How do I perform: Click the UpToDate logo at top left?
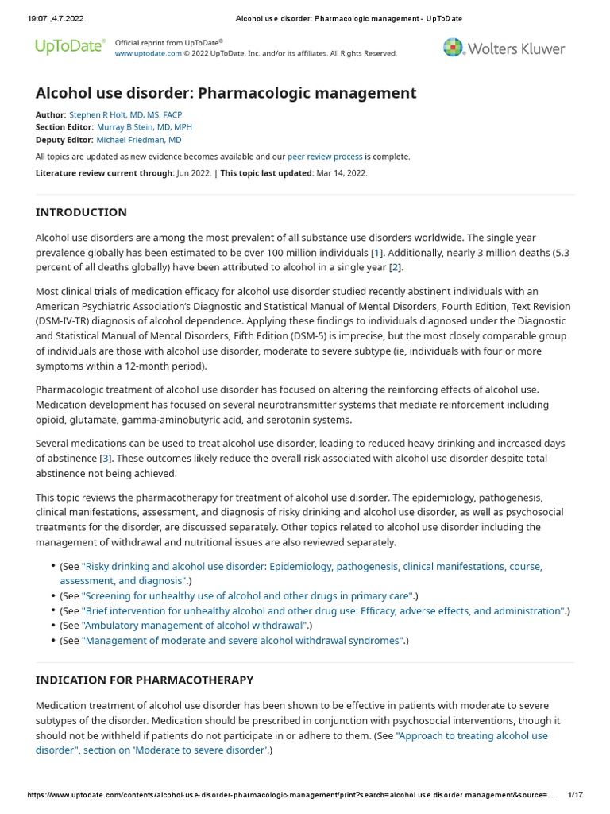pyautogui.click(x=70, y=47)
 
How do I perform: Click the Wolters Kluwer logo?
pyautogui.click(x=504, y=48)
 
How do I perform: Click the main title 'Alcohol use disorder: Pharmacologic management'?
pyautogui.click(x=226, y=93)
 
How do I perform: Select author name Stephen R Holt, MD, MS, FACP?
pyautogui.click(x=125, y=114)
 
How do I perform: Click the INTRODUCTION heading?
pyautogui.click(x=81, y=212)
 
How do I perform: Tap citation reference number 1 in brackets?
pyautogui.click(x=376, y=252)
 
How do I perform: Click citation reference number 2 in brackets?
pyautogui.click(x=395, y=267)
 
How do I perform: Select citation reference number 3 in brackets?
pyautogui.click(x=105, y=459)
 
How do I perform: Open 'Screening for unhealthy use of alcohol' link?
pyautogui.click(x=247, y=595)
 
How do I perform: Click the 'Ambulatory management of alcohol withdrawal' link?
pyautogui.click(x=195, y=626)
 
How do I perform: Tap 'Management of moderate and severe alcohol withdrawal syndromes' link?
pyautogui.click(x=242, y=641)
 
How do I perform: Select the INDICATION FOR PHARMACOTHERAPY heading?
pyautogui.click(x=145, y=680)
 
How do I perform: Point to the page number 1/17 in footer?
pyautogui.click(x=575, y=795)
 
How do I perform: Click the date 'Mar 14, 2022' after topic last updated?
pyautogui.click(x=341, y=173)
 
